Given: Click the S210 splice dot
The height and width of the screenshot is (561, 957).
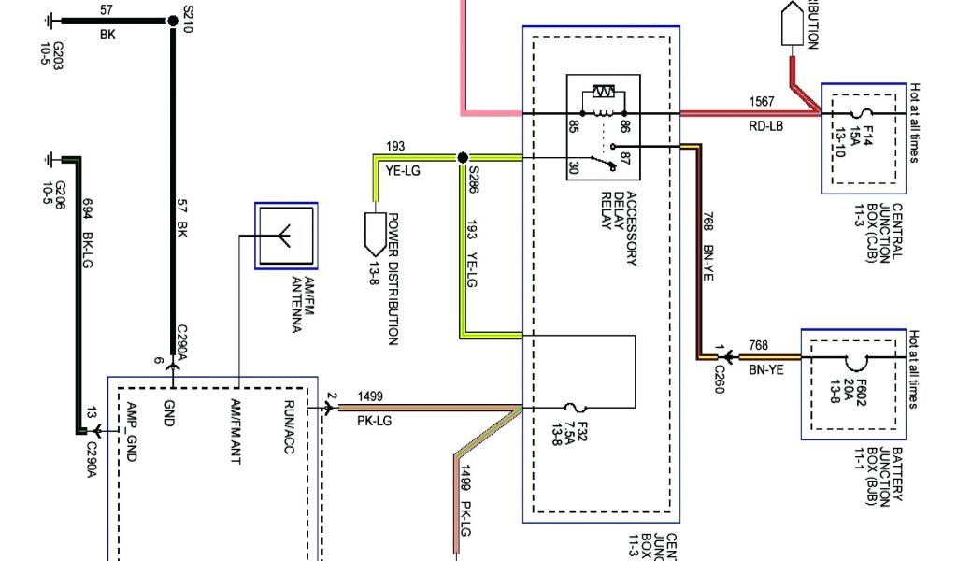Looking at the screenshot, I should [x=172, y=21].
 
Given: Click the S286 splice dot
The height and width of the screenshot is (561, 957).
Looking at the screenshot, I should [x=462, y=158].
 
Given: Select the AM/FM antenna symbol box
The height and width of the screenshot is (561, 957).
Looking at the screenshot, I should [x=286, y=236].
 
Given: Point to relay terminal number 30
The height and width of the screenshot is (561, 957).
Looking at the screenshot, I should [x=573, y=166].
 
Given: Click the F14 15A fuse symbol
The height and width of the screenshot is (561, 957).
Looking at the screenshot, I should [x=852, y=113].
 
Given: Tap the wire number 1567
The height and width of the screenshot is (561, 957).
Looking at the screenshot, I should [x=762, y=101].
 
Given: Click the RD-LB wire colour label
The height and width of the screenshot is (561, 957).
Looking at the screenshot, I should [x=764, y=126].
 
